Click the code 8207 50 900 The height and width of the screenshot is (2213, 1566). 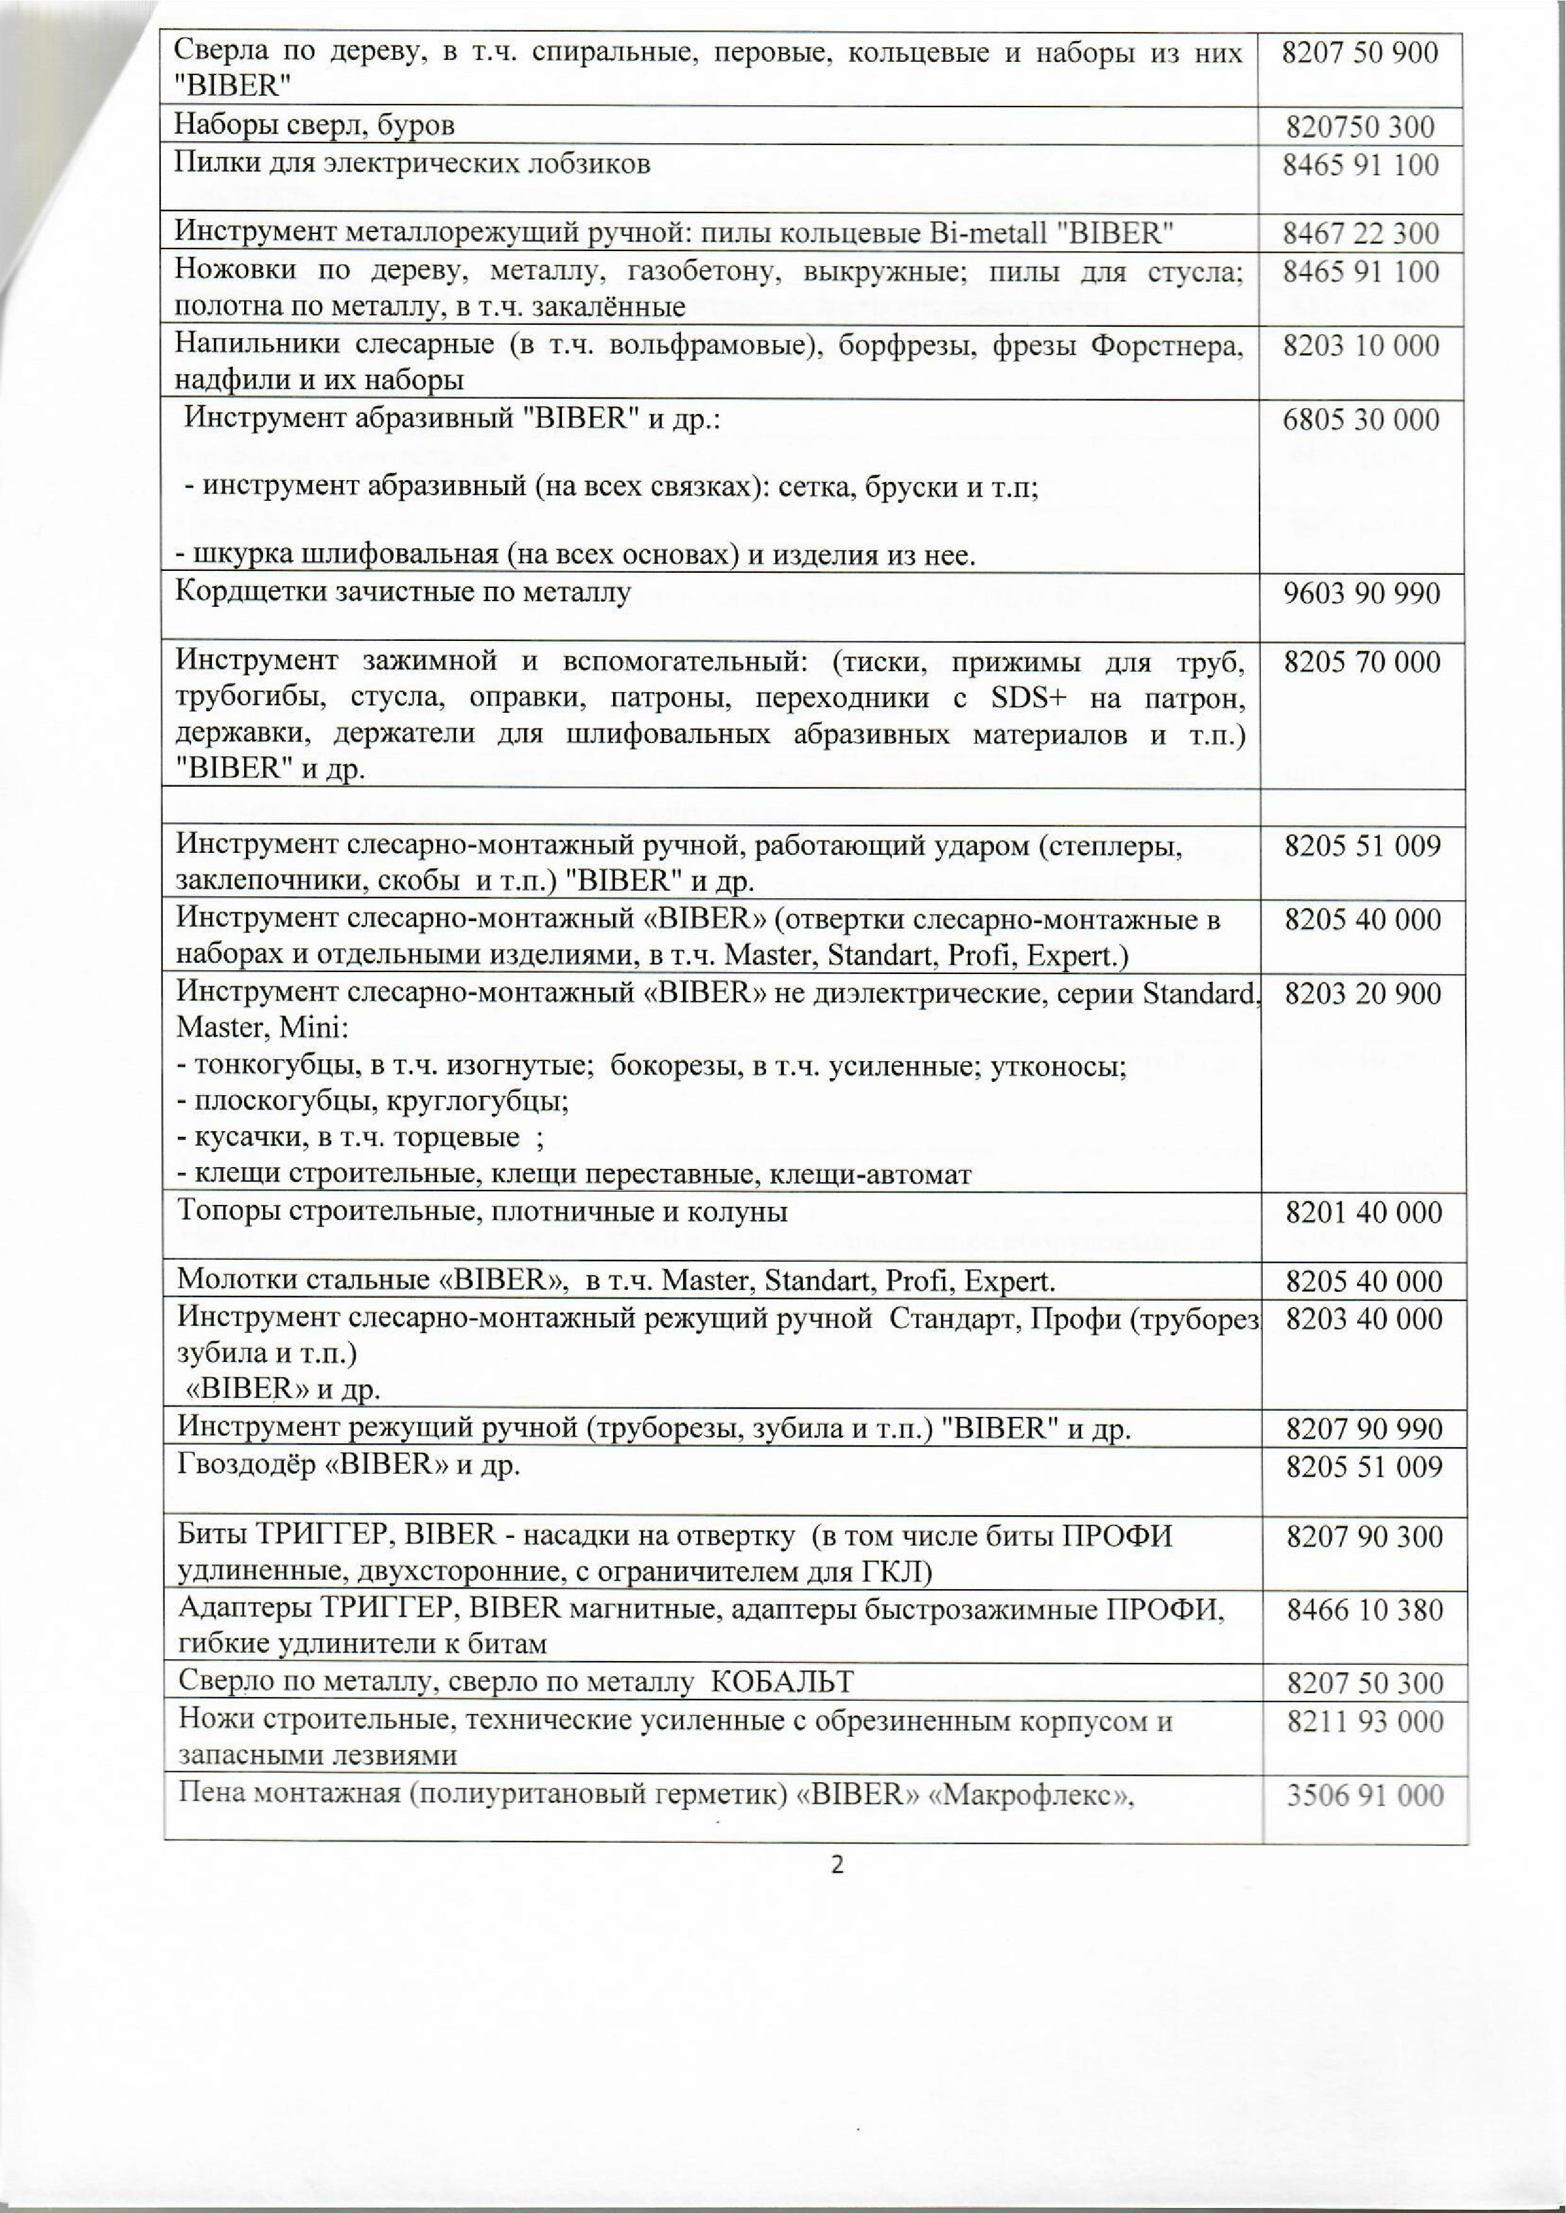1360,53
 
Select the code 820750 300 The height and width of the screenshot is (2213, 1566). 1360,126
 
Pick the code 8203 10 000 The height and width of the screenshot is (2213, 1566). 1360,346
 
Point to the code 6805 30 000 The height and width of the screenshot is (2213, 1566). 1360,420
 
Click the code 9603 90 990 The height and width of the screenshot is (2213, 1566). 1360,593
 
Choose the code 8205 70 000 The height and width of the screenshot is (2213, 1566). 1362,662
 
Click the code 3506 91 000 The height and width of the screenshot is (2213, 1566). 1364,1795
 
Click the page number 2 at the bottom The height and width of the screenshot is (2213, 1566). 837,1865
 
